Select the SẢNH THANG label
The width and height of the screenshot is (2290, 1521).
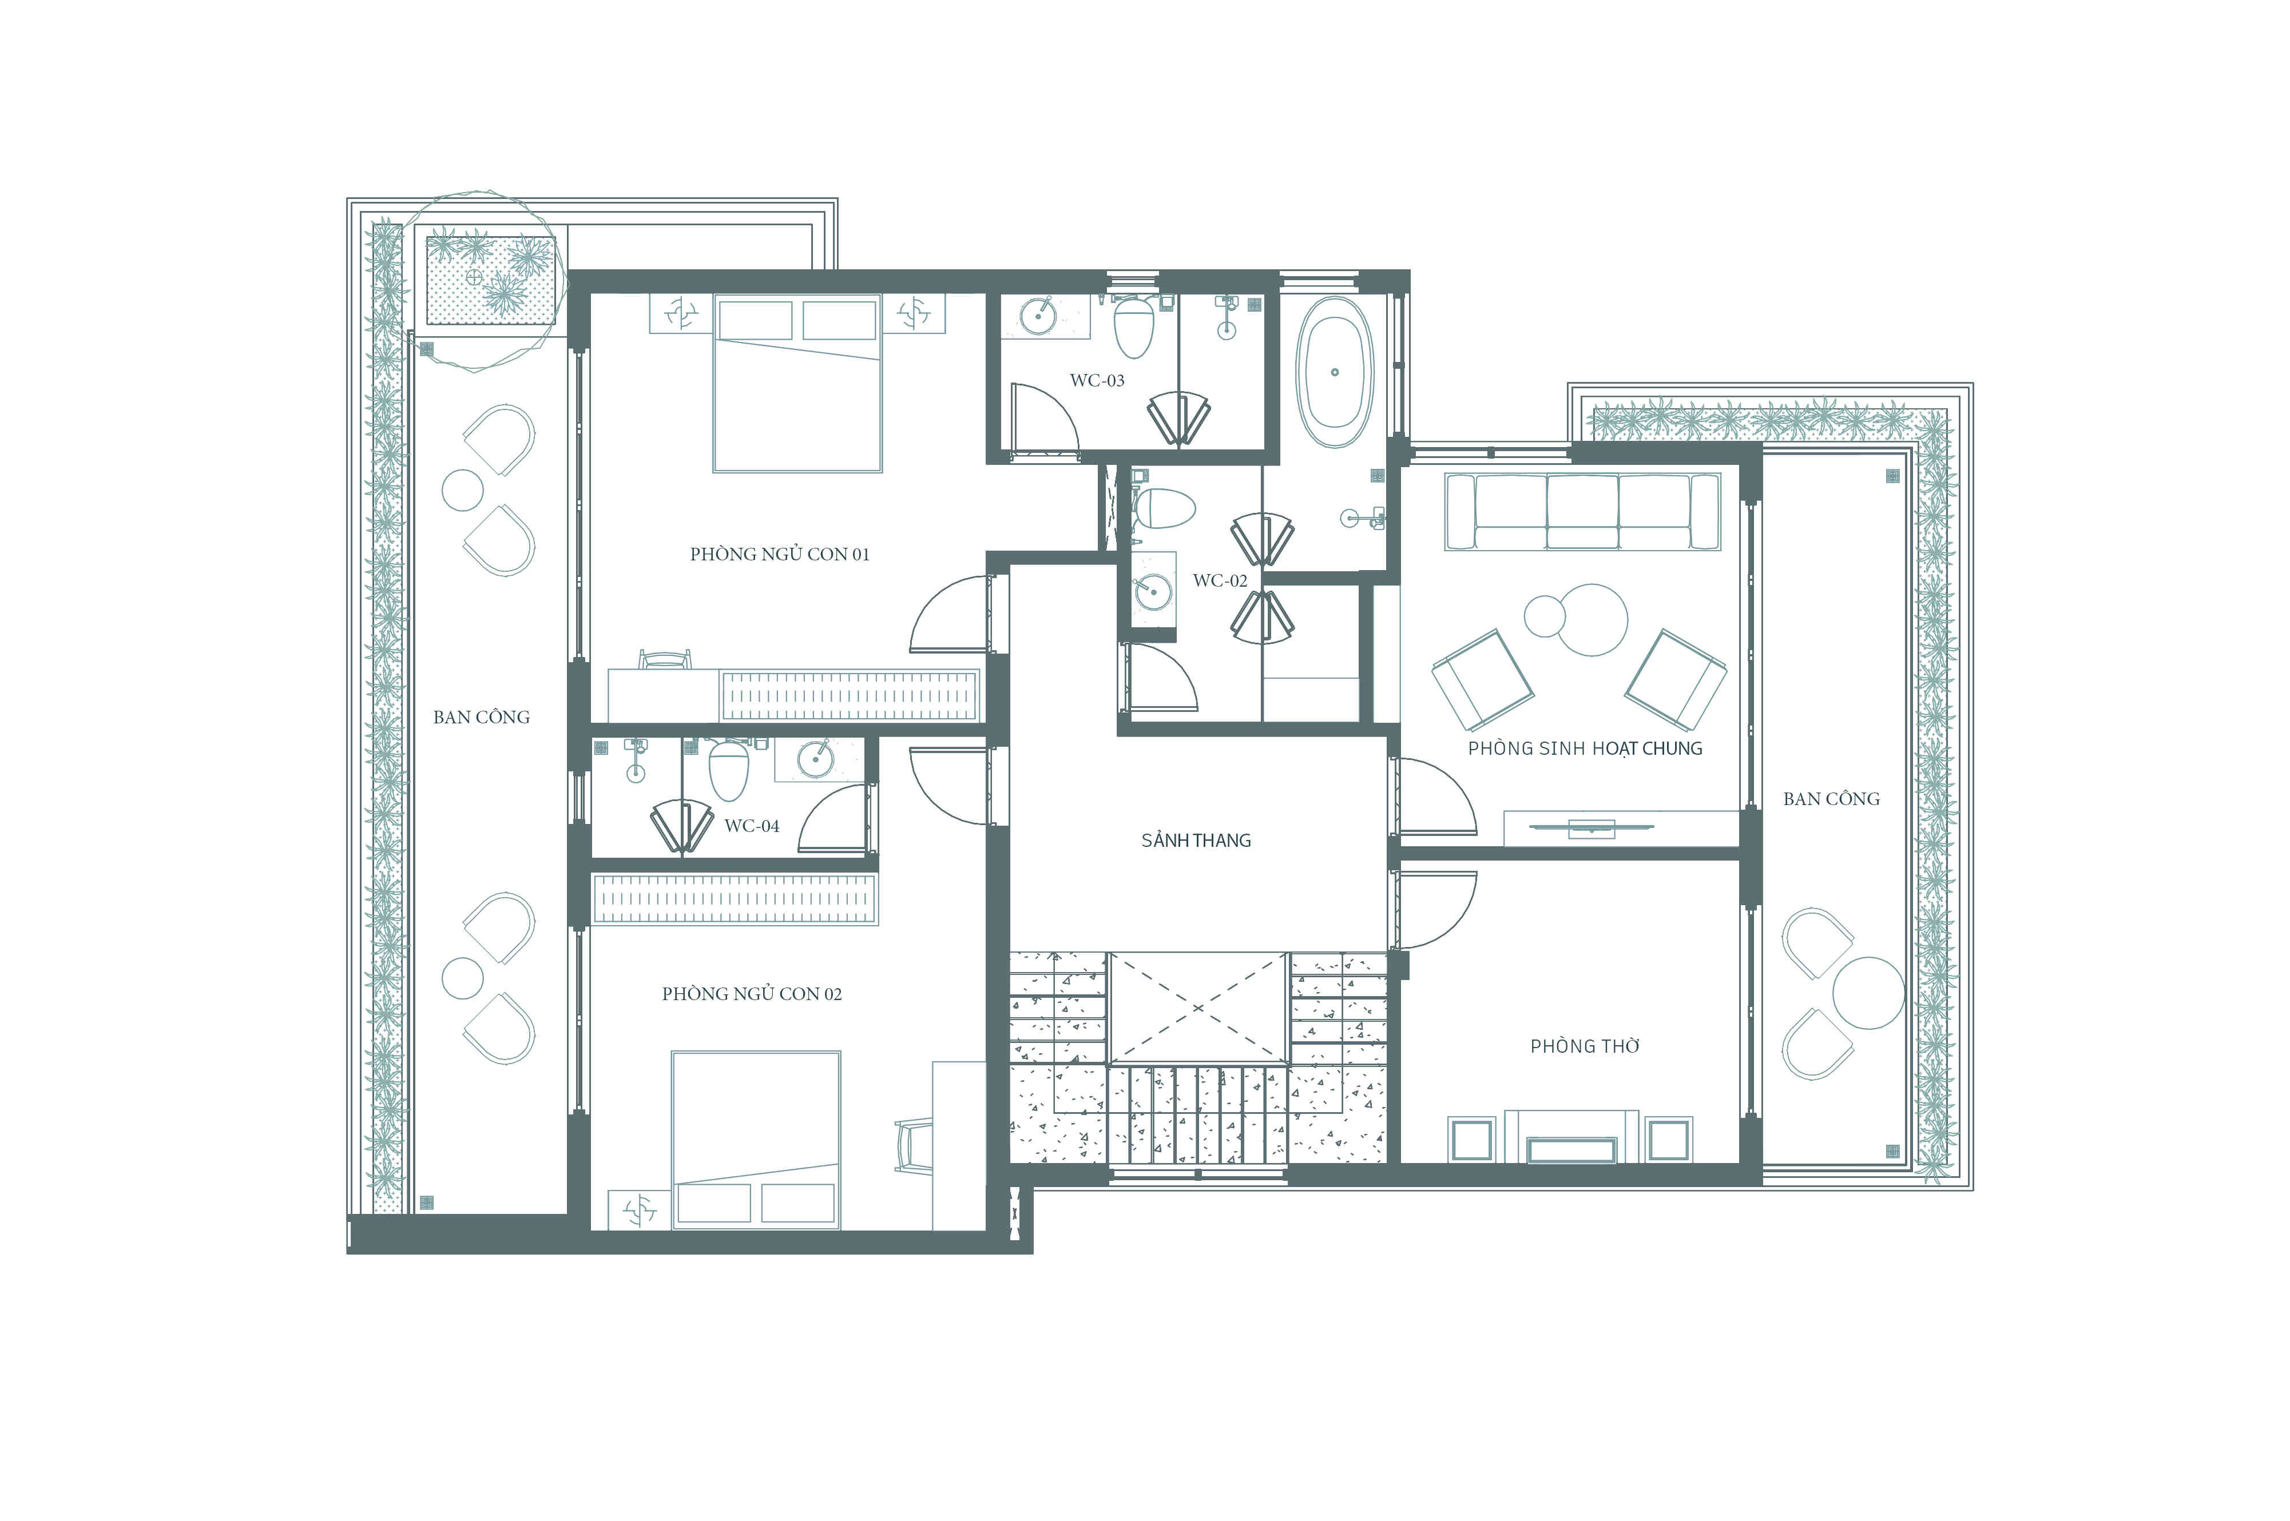tap(1196, 840)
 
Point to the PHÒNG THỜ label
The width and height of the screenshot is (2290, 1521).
tap(1585, 1046)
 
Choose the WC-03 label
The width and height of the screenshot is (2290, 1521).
tap(1097, 380)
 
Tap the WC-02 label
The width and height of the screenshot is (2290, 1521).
tap(1220, 580)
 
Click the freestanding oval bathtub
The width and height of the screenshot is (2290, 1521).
tap(1335, 372)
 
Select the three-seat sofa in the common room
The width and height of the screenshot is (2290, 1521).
tap(1582, 511)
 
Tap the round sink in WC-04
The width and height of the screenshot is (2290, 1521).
tap(815, 759)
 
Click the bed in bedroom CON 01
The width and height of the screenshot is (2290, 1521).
tap(797, 383)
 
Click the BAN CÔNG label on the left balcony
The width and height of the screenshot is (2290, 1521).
tap(481, 717)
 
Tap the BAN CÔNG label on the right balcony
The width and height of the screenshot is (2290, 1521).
tap(1831, 798)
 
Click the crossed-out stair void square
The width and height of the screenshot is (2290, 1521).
tap(1197, 1008)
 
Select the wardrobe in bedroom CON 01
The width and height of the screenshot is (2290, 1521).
tap(849, 695)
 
